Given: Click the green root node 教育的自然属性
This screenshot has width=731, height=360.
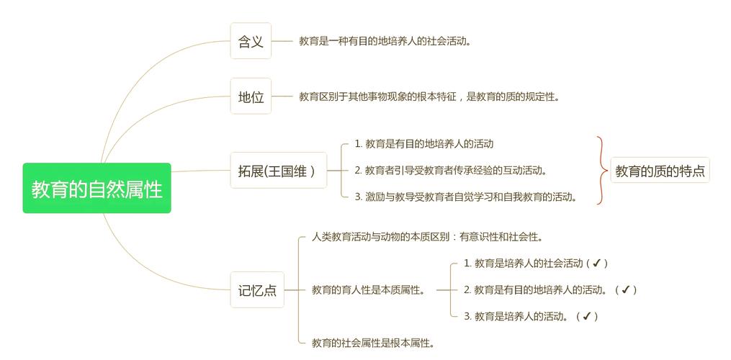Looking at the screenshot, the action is (x=97, y=188).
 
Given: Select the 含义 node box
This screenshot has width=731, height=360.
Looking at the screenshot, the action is (x=251, y=41).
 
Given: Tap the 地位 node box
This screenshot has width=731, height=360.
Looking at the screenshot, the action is (x=251, y=96).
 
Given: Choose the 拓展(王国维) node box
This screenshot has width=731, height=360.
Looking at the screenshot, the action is (x=278, y=170).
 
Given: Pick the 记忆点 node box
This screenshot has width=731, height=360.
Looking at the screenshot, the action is (x=257, y=289).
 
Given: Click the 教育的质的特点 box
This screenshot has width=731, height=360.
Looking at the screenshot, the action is (x=660, y=170).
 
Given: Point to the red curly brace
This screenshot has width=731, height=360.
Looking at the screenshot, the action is (x=602, y=170).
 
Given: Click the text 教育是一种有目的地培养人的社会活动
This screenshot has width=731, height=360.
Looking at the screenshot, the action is (x=385, y=41).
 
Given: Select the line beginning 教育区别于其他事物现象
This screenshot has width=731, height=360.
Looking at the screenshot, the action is (x=429, y=96).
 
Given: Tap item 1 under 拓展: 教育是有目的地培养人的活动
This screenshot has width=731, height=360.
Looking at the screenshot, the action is (x=423, y=144).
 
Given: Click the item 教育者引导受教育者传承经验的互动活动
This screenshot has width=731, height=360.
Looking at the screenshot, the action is (x=450, y=170).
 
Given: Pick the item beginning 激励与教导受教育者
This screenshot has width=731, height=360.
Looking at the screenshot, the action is (x=466, y=197).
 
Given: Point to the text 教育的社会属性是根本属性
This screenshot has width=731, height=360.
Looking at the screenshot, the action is (x=374, y=343).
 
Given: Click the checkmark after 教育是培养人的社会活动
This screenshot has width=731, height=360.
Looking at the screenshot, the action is (x=596, y=263).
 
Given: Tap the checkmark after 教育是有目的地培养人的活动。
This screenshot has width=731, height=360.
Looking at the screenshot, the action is (x=626, y=289).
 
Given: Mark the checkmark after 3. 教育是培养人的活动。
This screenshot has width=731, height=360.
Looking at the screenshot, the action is (x=587, y=316).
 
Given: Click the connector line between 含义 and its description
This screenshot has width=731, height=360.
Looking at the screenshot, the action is (x=282, y=41).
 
